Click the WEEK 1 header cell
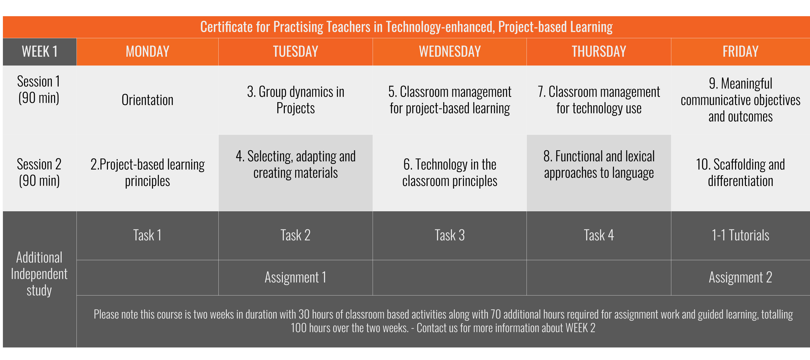point(40,52)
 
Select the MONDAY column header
point(147,52)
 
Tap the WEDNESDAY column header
point(450,52)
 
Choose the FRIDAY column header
point(740,52)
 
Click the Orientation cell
point(147,100)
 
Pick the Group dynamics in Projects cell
point(295,100)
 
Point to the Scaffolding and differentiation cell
point(740,173)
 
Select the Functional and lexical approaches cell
point(599,165)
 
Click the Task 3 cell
point(450,236)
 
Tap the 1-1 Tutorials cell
point(740,236)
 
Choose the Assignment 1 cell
point(295,278)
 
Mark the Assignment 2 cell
point(740,278)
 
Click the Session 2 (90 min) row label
point(39,173)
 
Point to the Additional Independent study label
point(39,274)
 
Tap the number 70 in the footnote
point(495,315)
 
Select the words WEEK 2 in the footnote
point(580,328)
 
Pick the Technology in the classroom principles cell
point(450,173)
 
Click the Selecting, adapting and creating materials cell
point(295,165)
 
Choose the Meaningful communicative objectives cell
point(740,100)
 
